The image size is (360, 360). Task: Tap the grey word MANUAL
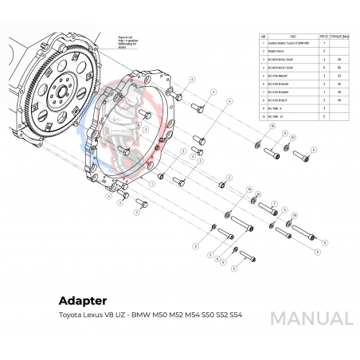coord(311,318)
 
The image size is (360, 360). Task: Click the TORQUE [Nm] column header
coord(342,36)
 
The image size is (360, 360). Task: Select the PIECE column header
coord(325,36)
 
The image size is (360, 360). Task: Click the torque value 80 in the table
coord(342,68)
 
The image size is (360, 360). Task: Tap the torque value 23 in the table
coord(342,76)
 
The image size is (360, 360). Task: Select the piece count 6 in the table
coord(325,68)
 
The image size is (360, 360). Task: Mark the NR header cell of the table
coord(264,36)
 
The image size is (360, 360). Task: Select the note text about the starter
coord(129,41)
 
